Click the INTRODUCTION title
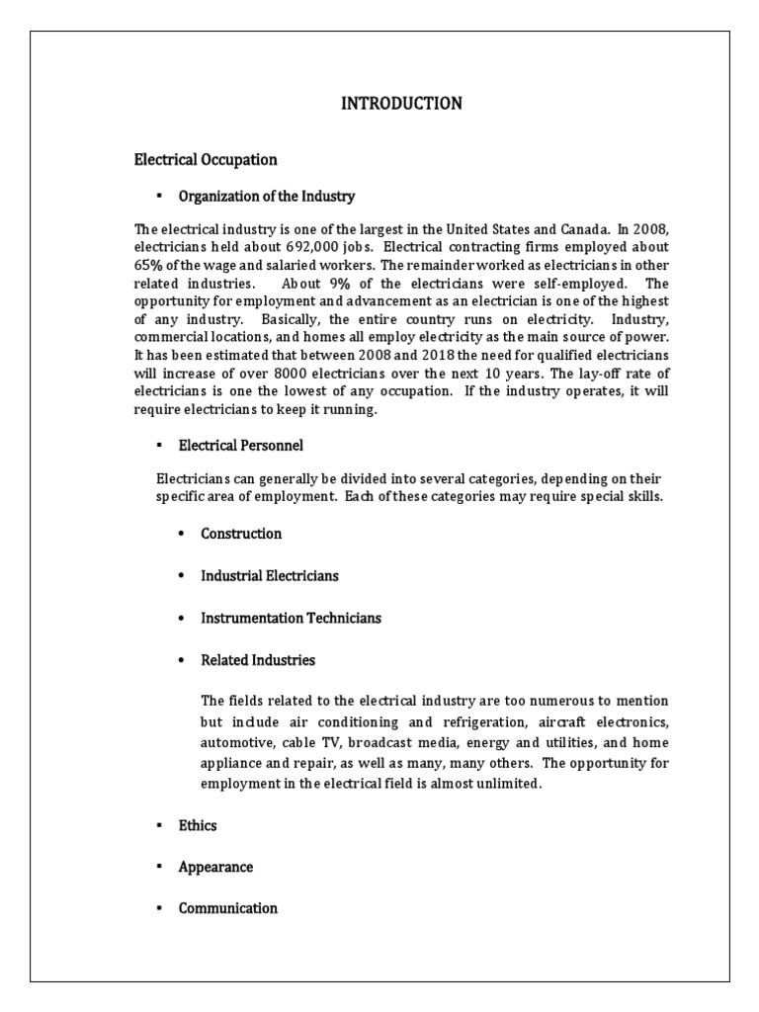click(401, 104)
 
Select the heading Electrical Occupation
click(206, 159)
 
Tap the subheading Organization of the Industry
click(266, 196)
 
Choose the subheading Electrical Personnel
click(240, 446)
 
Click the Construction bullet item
click(241, 534)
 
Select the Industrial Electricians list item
click(269, 575)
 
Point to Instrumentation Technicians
click(291, 618)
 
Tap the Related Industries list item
click(257, 659)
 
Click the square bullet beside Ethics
click(157, 825)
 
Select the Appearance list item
click(215, 867)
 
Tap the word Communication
click(227, 908)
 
